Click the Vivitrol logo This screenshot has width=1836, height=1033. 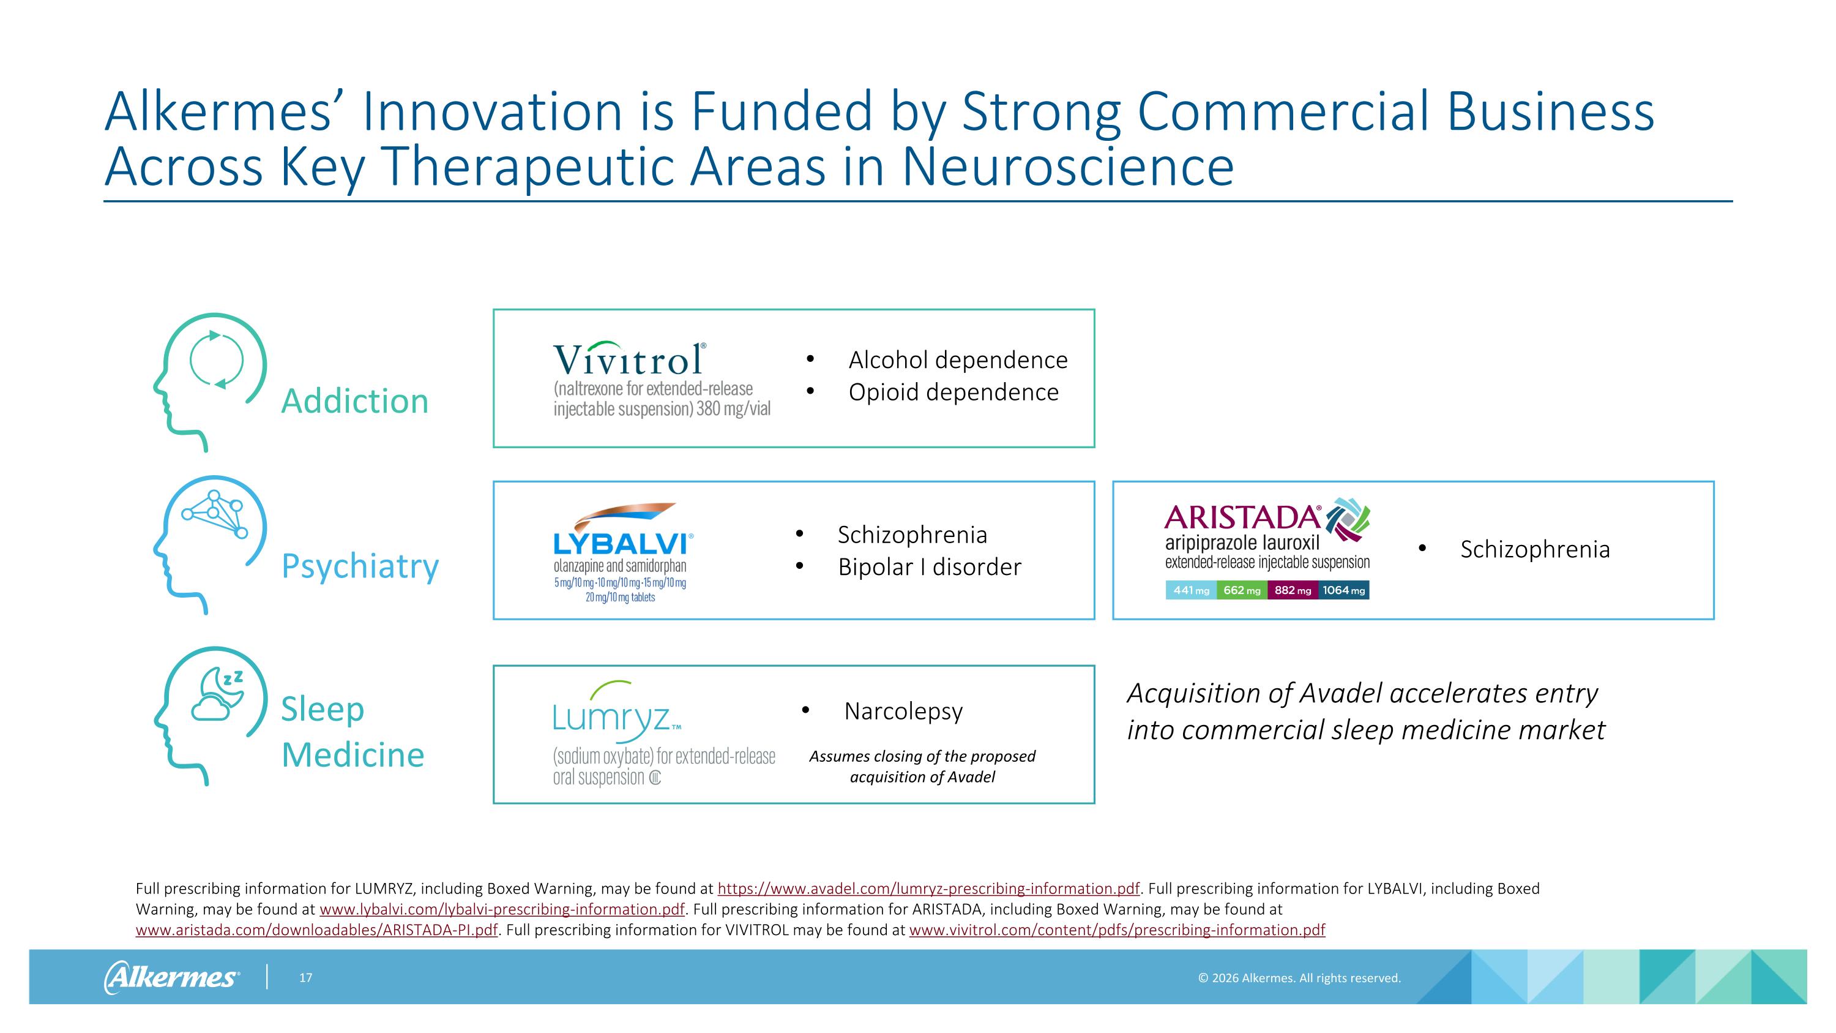[629, 359]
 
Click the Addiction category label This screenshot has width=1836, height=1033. [354, 400]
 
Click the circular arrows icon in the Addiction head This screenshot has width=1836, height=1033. [217, 359]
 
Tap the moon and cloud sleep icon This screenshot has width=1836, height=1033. [217, 694]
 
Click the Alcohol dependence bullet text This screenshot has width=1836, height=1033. [957, 360]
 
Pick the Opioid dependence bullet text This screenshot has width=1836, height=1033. [953, 392]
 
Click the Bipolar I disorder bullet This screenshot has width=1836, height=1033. [928, 568]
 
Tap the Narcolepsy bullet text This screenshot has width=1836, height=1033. [903, 711]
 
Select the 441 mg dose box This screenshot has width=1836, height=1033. [1191, 590]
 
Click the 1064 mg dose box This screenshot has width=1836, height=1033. [1343, 590]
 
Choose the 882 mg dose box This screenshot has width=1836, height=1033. [1292, 590]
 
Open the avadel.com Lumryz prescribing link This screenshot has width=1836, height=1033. [928, 888]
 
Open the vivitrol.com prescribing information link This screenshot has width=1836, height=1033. [1117, 930]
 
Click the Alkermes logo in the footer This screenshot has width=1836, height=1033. [172, 977]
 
